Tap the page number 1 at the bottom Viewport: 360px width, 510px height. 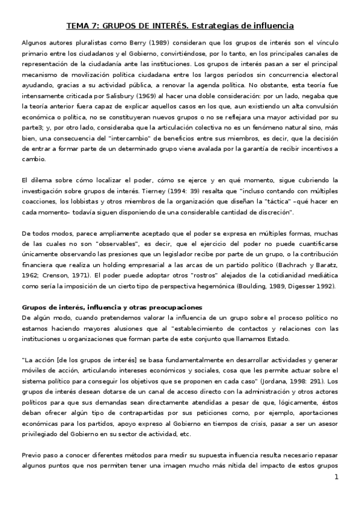point(337,478)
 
